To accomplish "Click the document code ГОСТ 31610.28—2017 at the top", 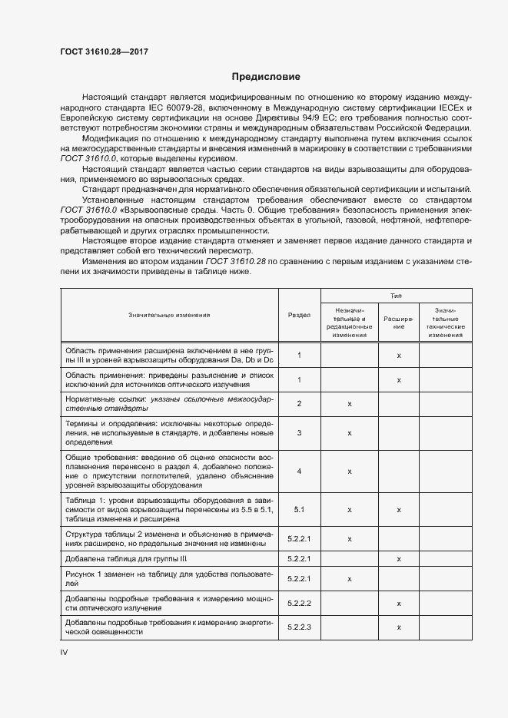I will point(104,51).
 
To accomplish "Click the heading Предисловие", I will point(266,77).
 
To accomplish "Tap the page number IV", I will point(65,651).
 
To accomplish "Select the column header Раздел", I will point(299,315).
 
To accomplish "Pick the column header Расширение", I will point(399,323).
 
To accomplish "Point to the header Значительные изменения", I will point(169,315).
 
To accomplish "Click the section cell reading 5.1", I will point(299,509).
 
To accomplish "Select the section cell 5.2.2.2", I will point(299,604).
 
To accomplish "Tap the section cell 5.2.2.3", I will point(299,627).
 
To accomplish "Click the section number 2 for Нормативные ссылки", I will point(299,403).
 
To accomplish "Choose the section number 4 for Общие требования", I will point(299,471).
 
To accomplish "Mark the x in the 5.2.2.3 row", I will point(399,627).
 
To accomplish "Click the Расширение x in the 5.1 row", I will point(399,509).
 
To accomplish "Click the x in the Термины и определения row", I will point(349,433).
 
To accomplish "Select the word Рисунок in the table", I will point(82,575).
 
